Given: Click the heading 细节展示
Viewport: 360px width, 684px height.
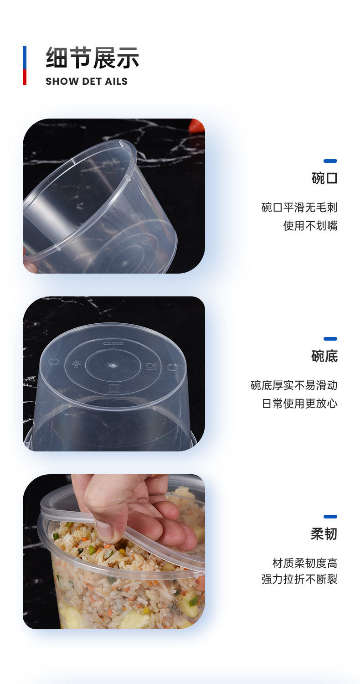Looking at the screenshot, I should (x=93, y=58).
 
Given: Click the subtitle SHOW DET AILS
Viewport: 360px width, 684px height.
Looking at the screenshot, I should (x=87, y=82).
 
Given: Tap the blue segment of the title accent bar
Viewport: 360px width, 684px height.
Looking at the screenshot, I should (x=25, y=57).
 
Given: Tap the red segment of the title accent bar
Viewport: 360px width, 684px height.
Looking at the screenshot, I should (x=25, y=77).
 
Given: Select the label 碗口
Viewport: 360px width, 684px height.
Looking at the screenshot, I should (x=324, y=178).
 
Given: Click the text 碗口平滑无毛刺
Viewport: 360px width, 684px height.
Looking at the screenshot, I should (x=299, y=208).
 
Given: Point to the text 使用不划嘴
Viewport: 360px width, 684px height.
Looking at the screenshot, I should (x=310, y=226).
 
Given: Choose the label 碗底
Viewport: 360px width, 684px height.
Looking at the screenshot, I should (x=324, y=356).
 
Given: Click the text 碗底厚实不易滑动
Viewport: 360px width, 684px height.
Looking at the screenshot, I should (x=294, y=385).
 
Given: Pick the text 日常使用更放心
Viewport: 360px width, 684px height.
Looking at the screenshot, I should (x=299, y=404).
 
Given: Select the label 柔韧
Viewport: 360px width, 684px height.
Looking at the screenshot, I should (x=324, y=534).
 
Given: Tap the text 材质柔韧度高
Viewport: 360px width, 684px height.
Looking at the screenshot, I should (x=305, y=563).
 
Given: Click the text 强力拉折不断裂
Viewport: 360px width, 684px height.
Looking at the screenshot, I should (x=299, y=580).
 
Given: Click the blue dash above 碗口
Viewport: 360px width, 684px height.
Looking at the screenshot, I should (x=330, y=161).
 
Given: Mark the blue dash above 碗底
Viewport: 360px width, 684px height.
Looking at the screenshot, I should (x=330, y=339).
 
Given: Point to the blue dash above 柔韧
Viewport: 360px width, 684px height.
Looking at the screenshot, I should (x=330, y=517).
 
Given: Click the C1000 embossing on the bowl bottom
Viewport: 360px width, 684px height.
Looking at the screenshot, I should (x=113, y=343).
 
